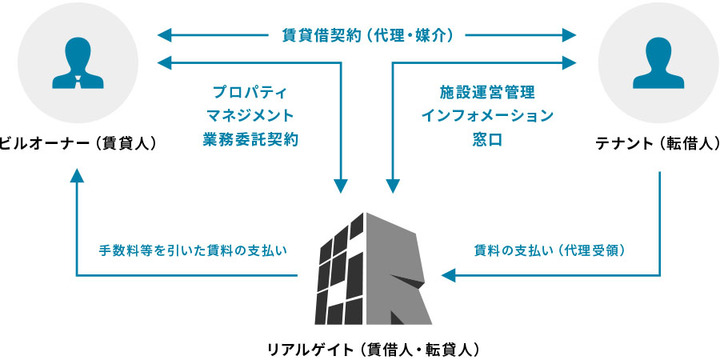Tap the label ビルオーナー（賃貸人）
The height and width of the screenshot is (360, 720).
(78, 144)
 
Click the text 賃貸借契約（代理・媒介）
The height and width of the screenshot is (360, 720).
(368, 35)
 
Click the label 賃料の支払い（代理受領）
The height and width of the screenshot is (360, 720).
(550, 250)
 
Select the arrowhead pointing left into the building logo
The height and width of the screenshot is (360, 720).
(447, 276)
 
